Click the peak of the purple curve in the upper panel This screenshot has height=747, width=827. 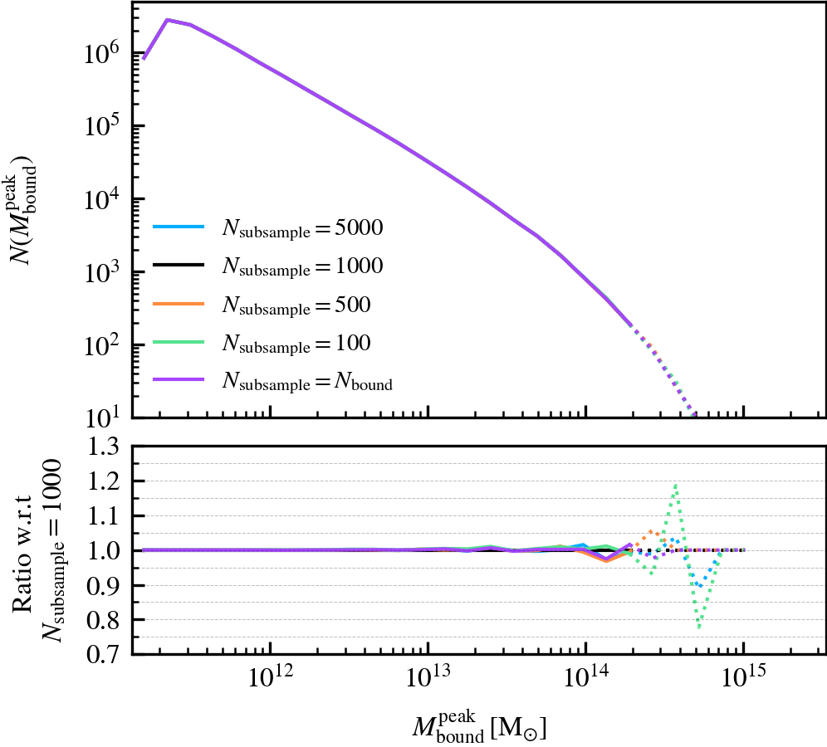click(168, 19)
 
